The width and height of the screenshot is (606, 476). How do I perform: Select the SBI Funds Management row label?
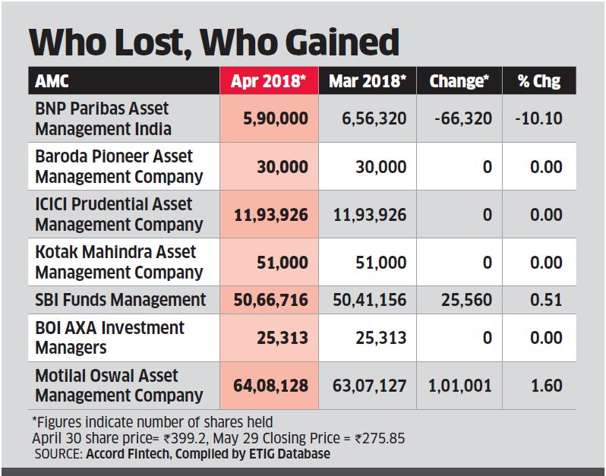point(120,299)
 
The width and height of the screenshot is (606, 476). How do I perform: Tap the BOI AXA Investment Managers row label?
point(109,338)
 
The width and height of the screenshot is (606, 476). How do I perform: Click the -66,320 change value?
point(461,119)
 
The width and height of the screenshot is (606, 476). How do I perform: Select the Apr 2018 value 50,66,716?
point(270,300)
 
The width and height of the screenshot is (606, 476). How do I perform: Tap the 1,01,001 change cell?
point(459,386)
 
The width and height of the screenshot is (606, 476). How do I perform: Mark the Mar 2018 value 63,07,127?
point(370,386)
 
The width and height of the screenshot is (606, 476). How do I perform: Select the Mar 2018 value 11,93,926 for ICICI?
point(370,215)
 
